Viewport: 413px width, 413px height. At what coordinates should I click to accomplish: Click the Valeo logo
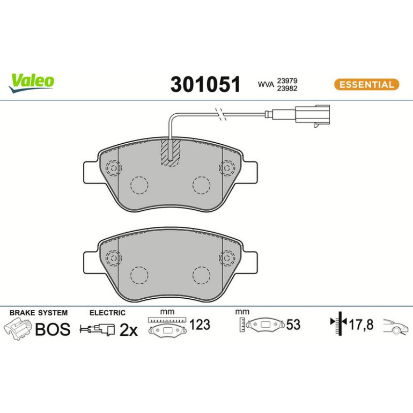[x=31, y=83]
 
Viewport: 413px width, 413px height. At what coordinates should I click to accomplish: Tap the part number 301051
[x=205, y=84]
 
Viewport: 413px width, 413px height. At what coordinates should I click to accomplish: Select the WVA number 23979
[x=287, y=80]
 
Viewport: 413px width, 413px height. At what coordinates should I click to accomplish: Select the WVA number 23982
[x=287, y=88]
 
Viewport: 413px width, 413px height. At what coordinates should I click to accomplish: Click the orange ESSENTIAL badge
[x=366, y=85]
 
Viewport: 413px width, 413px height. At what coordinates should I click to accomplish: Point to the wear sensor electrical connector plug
[x=313, y=115]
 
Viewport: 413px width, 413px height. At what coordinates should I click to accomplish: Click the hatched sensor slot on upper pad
[x=171, y=153]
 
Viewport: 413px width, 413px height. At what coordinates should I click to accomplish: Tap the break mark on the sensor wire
[x=221, y=114]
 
